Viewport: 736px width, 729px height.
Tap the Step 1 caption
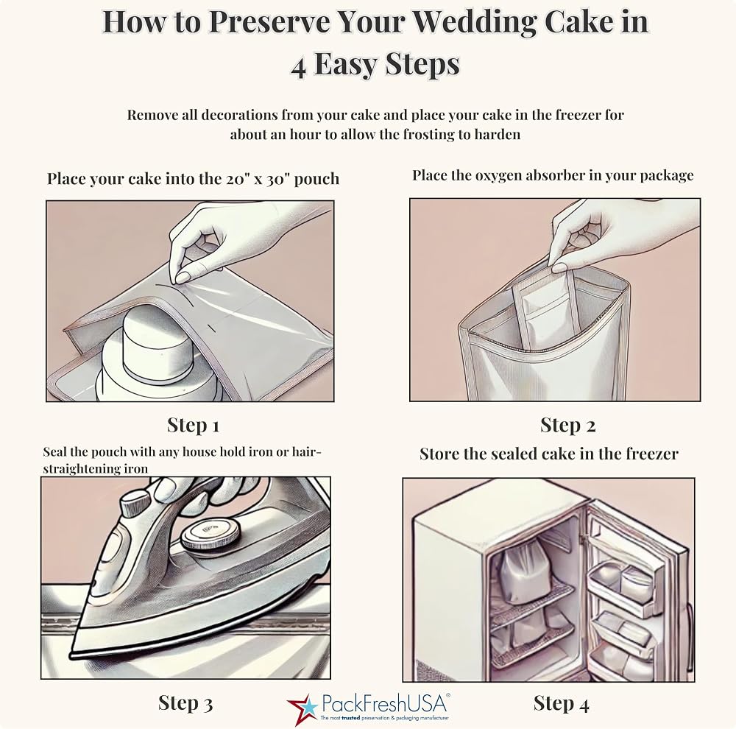pos(193,425)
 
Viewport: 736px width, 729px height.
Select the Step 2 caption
pos(567,425)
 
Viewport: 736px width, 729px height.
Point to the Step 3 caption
pos(185,702)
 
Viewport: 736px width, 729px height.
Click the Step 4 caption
pos(561,703)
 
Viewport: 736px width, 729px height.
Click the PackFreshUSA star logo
pos(301,708)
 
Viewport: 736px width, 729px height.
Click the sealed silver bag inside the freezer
pos(521,572)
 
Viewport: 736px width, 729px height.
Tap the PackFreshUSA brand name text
pos(384,704)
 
